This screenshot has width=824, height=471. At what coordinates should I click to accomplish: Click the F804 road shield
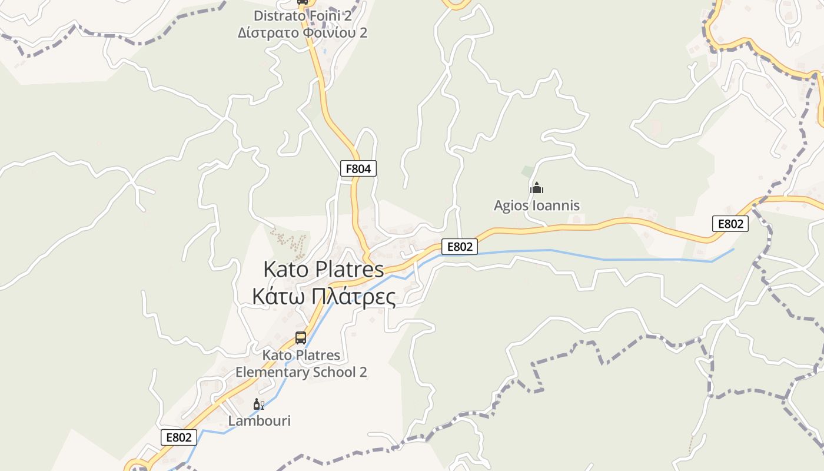358,169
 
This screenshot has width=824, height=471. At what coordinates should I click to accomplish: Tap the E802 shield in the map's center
460,247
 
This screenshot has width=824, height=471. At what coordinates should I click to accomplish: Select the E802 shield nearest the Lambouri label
179,437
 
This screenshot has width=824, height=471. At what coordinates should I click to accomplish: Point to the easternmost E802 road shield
730,224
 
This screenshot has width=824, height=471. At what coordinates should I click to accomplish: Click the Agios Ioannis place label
536,205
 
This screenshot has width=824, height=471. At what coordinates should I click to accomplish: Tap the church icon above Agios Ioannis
536,188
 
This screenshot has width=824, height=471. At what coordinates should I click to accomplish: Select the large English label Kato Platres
323,270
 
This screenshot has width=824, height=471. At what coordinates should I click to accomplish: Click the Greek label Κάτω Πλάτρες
323,297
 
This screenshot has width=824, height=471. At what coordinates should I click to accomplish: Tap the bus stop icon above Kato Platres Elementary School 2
301,338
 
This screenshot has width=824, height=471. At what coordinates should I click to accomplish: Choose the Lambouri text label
259,421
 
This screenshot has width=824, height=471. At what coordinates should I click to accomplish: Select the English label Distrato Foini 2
303,15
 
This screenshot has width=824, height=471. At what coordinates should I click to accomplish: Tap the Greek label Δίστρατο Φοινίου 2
303,32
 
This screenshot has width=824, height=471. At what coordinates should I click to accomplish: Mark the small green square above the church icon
528,172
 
